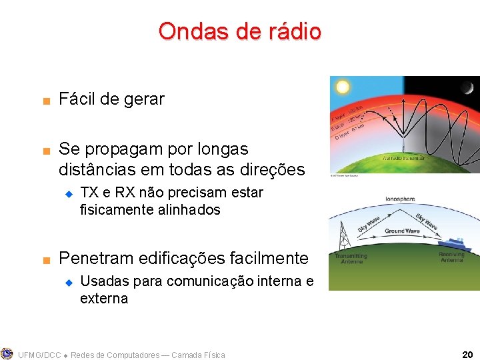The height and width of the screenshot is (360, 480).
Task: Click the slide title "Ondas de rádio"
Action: tap(239, 31)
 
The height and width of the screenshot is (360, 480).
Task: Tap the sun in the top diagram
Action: tap(343, 87)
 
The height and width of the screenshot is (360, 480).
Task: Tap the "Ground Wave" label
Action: tap(401, 231)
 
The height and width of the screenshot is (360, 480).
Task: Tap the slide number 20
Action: tap(467, 355)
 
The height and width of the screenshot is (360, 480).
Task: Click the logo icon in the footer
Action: tap(7, 354)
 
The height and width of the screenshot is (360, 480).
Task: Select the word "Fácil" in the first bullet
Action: tap(77, 99)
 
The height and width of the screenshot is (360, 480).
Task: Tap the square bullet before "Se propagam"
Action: tap(45, 150)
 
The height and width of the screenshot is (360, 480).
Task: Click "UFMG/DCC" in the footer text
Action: tap(39, 355)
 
